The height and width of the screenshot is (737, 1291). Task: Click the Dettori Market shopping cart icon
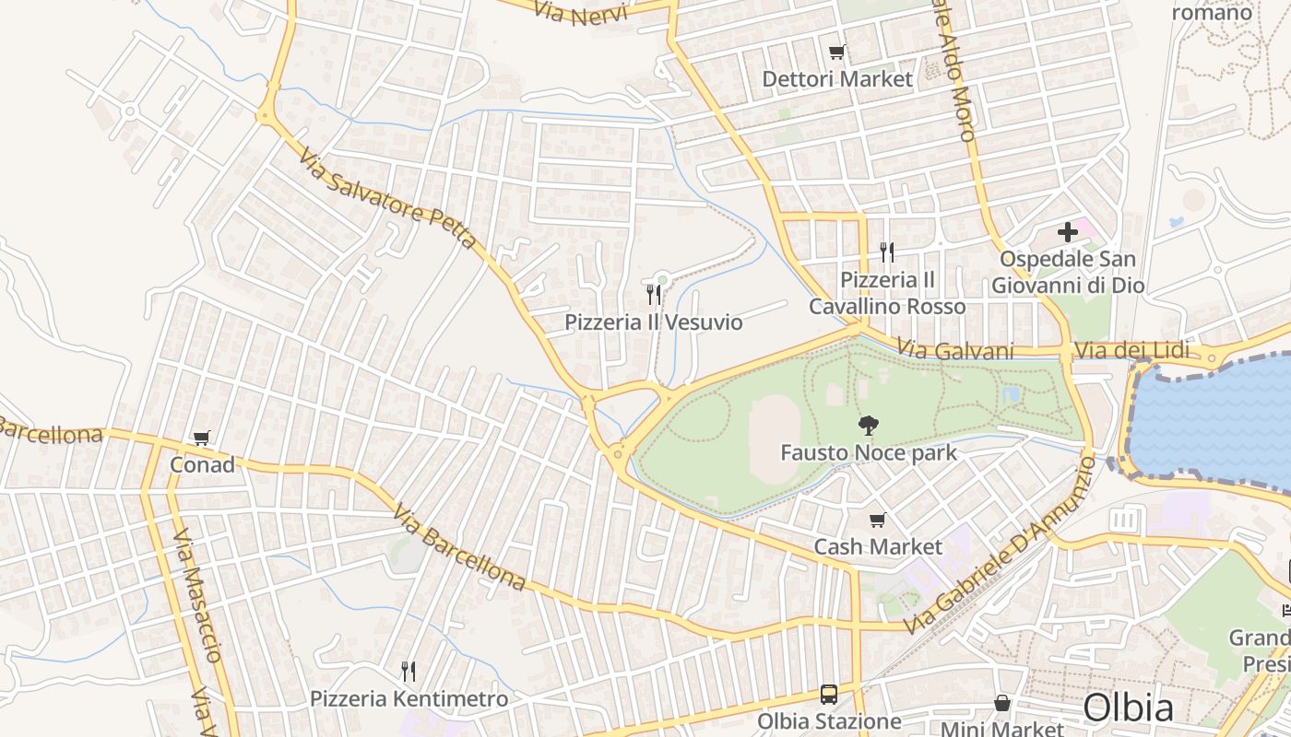point(836,53)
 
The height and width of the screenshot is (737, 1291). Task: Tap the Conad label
point(202,465)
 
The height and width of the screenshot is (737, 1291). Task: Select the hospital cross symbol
point(1068,232)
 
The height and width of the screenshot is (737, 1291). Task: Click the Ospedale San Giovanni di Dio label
point(1068,273)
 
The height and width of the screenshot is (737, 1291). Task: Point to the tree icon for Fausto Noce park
point(868,426)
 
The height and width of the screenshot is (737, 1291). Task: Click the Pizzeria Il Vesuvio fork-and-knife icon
point(654,295)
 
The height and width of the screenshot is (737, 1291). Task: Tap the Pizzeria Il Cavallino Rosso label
point(888,293)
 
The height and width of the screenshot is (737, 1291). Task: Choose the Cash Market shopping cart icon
point(878,521)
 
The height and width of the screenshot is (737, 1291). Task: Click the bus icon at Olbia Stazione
point(828,695)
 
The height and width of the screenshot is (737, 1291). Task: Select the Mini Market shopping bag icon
point(1002,703)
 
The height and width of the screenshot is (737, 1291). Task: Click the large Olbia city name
point(1128,708)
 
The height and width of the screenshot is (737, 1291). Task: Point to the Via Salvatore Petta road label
point(387,198)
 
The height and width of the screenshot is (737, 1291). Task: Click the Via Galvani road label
point(954,351)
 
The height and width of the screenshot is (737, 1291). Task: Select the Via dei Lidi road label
point(1132,351)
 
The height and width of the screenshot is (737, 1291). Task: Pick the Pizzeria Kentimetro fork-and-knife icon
point(409,671)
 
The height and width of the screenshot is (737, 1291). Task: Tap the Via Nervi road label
point(581,14)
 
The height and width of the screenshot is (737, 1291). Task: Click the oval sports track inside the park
point(774,439)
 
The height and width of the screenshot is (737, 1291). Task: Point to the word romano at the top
point(1212,13)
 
